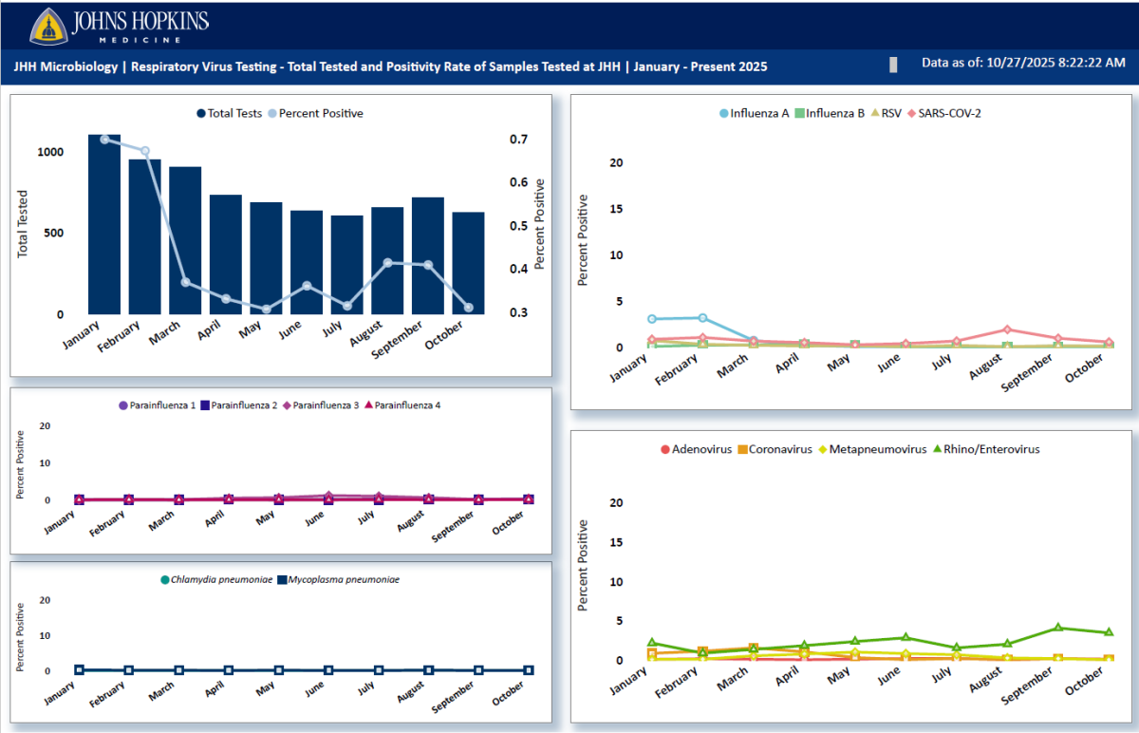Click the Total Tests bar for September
tap(427, 256)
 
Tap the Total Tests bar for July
tap(346, 266)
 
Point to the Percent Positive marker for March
tap(186, 283)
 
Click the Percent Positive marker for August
tap(387, 263)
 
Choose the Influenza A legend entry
tap(754, 113)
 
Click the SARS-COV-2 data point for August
tap(1007, 329)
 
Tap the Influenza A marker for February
tap(703, 318)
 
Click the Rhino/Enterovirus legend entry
tap(986, 449)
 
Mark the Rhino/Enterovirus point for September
tap(1057, 628)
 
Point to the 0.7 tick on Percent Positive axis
tap(518, 140)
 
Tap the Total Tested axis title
tap(23, 224)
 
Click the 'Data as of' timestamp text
tap(1023, 63)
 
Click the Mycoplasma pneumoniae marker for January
tap(80, 670)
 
